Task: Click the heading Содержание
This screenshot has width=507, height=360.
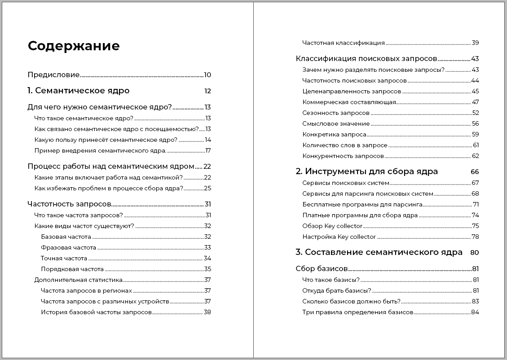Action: [x=74, y=46]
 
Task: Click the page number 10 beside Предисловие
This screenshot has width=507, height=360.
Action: [x=207, y=75]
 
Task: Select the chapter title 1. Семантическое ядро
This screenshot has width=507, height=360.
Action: [x=79, y=91]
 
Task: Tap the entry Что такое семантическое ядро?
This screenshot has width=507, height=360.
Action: [x=84, y=119]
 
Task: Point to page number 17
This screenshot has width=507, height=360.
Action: [x=208, y=151]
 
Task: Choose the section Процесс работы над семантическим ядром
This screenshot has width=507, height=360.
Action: [x=111, y=167]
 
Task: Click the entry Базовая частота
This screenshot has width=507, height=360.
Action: [x=66, y=237]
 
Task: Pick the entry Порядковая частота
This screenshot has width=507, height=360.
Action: [x=72, y=269]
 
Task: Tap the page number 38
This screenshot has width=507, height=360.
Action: [x=207, y=312]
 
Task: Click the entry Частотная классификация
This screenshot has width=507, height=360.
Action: [x=344, y=43]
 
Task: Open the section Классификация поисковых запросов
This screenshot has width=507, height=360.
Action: [x=366, y=59]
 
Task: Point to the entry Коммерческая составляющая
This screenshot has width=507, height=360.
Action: [x=349, y=102]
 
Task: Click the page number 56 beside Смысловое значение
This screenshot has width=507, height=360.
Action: [x=476, y=124]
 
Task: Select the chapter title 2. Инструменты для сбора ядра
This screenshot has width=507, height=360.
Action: [x=367, y=171]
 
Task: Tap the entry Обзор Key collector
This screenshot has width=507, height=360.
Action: [x=332, y=226]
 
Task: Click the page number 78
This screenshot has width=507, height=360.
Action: [x=475, y=237]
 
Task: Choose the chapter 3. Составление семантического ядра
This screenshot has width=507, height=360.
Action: [x=379, y=252]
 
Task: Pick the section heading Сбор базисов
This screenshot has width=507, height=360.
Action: [x=322, y=269]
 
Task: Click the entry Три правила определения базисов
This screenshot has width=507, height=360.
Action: [x=357, y=312]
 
